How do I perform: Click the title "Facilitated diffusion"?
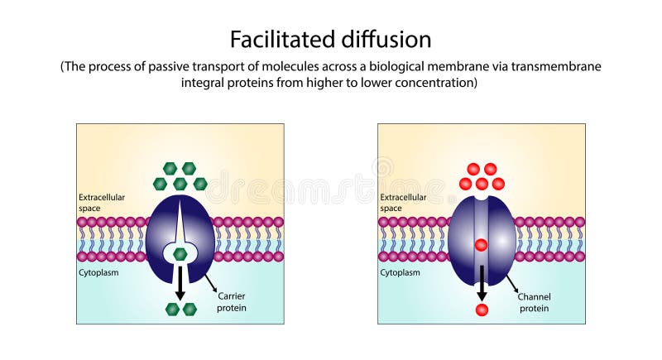coord(331,39)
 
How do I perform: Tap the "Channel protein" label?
coord(535,302)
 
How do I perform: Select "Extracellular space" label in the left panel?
coord(102,203)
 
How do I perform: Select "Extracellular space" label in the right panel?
coord(403,203)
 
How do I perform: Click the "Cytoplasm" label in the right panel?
coord(400,271)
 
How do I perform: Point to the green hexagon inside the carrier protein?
coord(180,254)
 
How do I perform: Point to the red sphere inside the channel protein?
coord(481,245)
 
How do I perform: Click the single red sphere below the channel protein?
coord(482,310)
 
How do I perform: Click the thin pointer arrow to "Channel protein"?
coord(512,286)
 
